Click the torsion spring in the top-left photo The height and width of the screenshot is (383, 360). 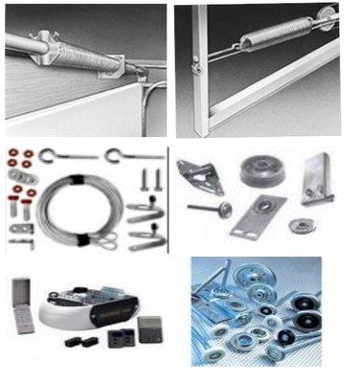72,58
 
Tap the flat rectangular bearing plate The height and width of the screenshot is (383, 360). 258,214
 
